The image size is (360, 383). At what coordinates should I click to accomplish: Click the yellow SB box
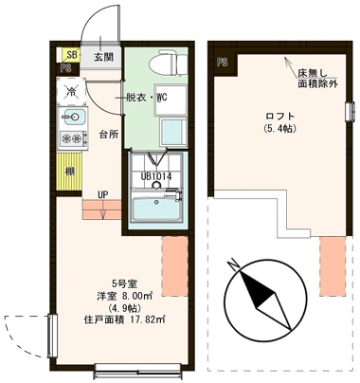(x=70, y=54)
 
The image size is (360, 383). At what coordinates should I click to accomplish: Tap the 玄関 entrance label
(x=103, y=57)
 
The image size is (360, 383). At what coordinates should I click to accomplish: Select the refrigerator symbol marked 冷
(x=70, y=91)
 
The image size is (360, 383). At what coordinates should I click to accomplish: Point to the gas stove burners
(x=72, y=139)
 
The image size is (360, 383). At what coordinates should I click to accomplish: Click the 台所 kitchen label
(x=107, y=134)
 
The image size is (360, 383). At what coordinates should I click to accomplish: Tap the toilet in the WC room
(x=164, y=64)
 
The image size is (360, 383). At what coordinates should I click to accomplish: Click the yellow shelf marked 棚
(x=70, y=172)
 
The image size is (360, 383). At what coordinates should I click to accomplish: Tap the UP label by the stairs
(x=101, y=196)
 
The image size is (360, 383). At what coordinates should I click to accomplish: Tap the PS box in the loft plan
(x=223, y=63)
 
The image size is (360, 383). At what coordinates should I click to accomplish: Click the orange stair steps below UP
(x=102, y=211)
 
